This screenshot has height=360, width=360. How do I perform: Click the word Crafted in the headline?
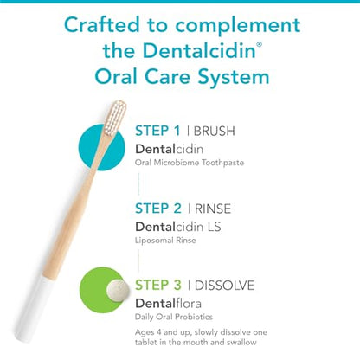tap(102, 25)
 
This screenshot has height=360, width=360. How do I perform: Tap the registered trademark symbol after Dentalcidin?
tap(259, 44)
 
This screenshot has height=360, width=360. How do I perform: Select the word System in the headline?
tap(234, 78)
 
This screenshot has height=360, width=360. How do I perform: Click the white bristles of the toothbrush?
tap(115, 118)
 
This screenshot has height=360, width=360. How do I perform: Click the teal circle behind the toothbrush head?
tap(102, 147)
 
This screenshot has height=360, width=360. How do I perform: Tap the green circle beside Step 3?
tap(102, 290)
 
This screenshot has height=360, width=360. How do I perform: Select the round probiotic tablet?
tap(118, 290)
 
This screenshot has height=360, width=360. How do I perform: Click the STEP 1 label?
tap(157, 131)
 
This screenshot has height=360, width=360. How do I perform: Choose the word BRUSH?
tap(215, 132)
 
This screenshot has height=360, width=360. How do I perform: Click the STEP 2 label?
tap(158, 209)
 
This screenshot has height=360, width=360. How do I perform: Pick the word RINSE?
tap(213, 209)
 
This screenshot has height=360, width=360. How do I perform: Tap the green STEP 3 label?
tap(158, 286)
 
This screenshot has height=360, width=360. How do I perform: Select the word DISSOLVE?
tap(225, 286)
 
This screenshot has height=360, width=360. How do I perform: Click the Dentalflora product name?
tap(169, 304)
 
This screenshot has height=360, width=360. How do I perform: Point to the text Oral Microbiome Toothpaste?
tap(190, 163)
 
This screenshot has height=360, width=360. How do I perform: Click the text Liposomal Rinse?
tap(165, 241)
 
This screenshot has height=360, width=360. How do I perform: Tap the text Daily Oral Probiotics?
tap(174, 317)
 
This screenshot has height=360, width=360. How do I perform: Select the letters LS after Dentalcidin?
tap(214, 227)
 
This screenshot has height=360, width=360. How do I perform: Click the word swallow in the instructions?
tap(241, 343)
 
